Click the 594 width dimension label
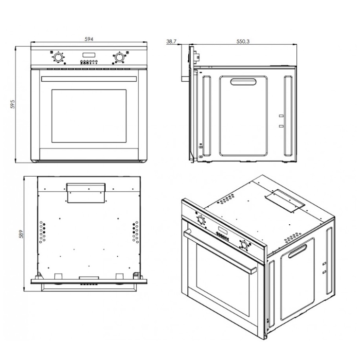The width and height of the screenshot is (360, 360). (89, 39)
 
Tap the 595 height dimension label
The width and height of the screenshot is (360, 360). (13, 104)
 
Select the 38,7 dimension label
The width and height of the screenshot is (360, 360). (171, 41)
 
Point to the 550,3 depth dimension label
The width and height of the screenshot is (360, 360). (243, 41)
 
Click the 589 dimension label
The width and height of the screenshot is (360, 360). (21, 234)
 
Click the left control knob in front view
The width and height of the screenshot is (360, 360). (58, 57)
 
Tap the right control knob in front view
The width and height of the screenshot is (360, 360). (119, 57)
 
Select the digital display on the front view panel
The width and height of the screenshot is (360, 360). (89, 55)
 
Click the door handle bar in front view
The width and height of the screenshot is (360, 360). (89, 79)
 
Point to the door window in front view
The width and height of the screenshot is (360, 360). (89, 116)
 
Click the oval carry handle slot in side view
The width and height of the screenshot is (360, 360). (243, 82)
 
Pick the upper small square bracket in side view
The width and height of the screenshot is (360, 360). (281, 116)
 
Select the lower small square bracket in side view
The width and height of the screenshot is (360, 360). (281, 126)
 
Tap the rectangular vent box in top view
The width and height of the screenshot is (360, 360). (86, 193)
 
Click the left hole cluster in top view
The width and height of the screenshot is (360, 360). (42, 232)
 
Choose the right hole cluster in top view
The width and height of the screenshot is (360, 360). (135, 232)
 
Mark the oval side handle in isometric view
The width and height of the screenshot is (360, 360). (298, 251)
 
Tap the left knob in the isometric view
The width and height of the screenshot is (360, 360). (201, 220)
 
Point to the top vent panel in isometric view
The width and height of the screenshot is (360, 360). (285, 200)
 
